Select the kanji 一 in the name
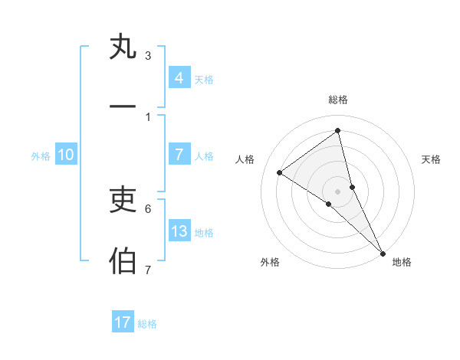click(123, 106)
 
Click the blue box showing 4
click(179, 77)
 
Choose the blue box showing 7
click(179, 154)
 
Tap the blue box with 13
click(179, 231)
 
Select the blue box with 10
click(65, 155)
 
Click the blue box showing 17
click(123, 322)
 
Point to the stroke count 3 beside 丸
click(148, 56)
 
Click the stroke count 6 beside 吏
click(148, 208)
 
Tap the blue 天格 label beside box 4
click(204, 79)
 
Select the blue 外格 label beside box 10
click(41, 156)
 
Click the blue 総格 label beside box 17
click(147, 324)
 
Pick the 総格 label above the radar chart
click(338, 100)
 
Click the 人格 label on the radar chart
click(245, 159)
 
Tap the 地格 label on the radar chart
click(402, 263)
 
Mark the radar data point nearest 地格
click(383, 253)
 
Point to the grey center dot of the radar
click(338, 190)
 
